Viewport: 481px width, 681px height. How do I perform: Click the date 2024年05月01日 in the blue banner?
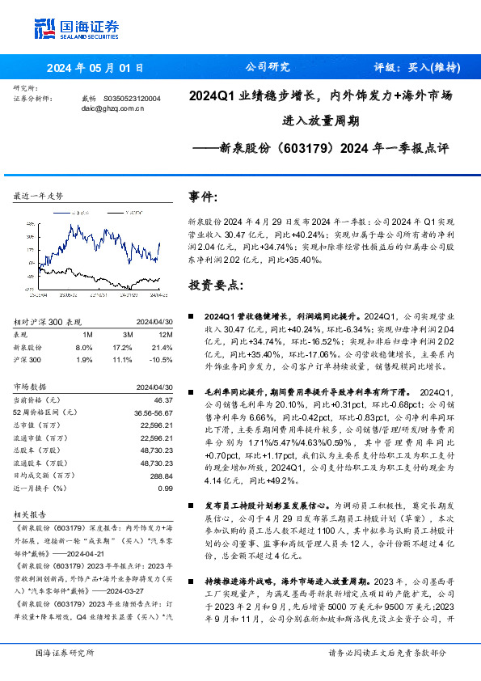click(95, 68)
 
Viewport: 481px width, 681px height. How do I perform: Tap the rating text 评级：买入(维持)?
click(417, 68)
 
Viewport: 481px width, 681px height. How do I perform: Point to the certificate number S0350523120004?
click(132, 98)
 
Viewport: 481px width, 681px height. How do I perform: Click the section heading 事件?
click(203, 196)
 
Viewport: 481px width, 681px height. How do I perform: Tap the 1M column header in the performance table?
click(88, 335)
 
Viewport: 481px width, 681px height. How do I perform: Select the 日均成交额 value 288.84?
click(162, 476)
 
